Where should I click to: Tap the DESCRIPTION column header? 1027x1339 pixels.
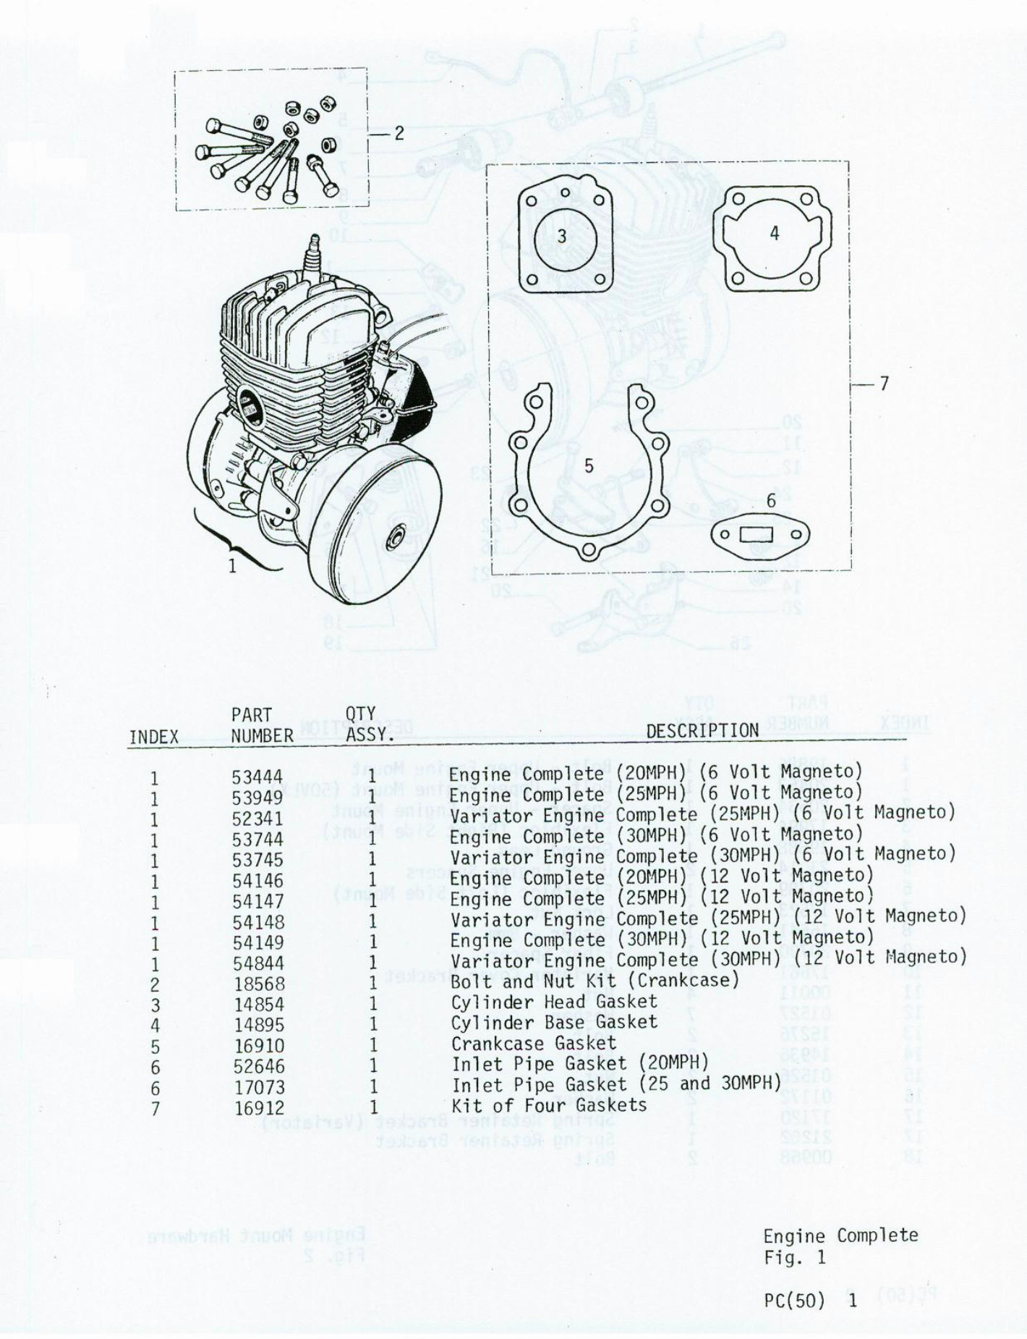pos(702,730)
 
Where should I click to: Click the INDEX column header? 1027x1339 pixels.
pos(153,737)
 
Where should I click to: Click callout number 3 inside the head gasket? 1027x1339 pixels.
pos(562,236)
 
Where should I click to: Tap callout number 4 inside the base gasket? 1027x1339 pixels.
pos(774,234)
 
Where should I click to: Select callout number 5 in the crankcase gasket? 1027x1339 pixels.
pos(589,466)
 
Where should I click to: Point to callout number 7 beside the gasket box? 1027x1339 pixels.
pos(883,384)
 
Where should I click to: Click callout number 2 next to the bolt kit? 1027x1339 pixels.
pos(399,134)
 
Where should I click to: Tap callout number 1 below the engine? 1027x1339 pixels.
pos(232,566)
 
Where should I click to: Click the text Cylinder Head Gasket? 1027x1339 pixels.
pos(554,1002)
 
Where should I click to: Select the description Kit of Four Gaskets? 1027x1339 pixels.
pos(549,1105)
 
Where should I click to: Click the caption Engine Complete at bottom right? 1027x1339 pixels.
pos(840,1235)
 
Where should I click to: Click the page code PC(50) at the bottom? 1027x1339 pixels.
pos(794,1301)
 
